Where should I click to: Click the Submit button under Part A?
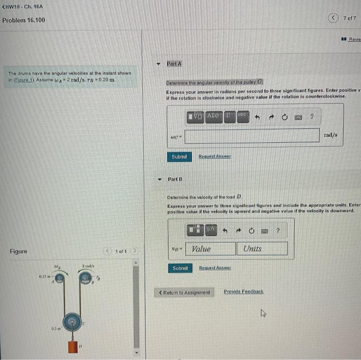pyautogui.click(x=179, y=157)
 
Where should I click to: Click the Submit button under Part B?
pyautogui.click(x=180, y=268)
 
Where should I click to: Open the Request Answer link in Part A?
pyautogui.click(x=215, y=157)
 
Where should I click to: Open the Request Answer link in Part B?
pyautogui.click(x=215, y=268)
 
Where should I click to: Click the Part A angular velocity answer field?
pyautogui.click(x=252, y=136)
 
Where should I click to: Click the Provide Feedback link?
pyautogui.click(x=243, y=292)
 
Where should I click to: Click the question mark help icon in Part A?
pyautogui.click(x=311, y=117)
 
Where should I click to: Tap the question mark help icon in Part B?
pyautogui.click(x=277, y=231)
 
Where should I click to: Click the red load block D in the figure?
pyautogui.click(x=73, y=346)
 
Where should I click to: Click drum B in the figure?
pyautogui.click(x=85, y=279)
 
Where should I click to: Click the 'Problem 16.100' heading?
pyautogui.click(x=24, y=20)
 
